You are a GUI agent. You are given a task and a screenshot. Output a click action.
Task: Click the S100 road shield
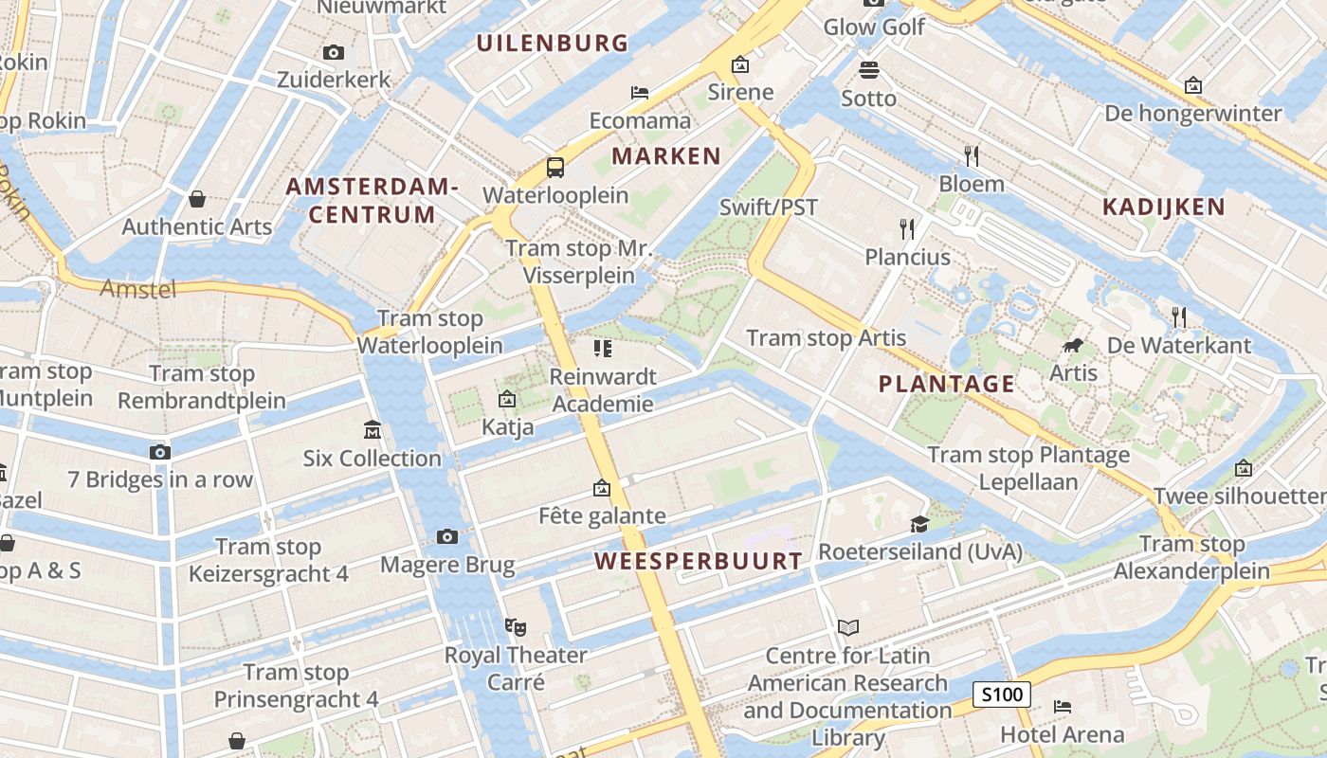point(1002,695)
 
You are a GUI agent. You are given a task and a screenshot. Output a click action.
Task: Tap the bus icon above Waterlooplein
point(555,168)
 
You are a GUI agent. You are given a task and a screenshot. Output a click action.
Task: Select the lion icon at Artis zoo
point(1073,346)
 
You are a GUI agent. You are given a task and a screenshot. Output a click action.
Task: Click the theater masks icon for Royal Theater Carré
point(516,626)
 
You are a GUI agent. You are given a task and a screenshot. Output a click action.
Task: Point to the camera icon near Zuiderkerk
point(333,53)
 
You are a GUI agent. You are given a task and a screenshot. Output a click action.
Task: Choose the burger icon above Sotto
point(869,69)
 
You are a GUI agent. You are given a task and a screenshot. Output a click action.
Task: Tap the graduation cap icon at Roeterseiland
point(918,524)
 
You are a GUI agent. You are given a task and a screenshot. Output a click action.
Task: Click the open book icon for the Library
point(848,627)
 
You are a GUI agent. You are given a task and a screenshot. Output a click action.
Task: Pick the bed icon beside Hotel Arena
point(1062,707)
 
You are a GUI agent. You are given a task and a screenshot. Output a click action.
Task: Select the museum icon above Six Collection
point(373,430)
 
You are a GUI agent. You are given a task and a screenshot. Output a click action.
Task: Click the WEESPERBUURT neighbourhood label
point(699,561)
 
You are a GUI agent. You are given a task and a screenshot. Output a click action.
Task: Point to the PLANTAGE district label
point(946,384)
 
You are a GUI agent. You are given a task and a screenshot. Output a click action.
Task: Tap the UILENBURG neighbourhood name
point(552,43)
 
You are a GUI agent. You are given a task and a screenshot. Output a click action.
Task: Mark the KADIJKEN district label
point(1163,207)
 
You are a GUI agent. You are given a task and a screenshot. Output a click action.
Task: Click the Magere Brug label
point(447,566)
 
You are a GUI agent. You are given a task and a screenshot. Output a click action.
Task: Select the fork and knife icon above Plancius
point(907,228)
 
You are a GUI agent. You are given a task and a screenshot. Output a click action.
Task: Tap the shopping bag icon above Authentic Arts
point(197,199)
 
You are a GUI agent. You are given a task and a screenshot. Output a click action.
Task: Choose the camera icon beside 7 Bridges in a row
point(160,452)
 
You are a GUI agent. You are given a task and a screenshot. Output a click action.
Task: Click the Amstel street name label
point(138,289)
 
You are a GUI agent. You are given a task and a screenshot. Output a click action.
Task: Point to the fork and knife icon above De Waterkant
point(1179,317)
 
